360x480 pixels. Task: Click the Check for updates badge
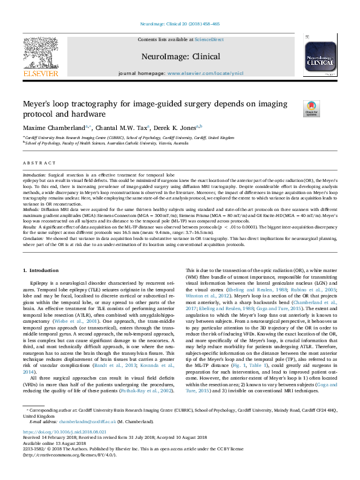[x=312, y=108]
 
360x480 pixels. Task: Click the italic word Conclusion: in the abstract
[x=34, y=239]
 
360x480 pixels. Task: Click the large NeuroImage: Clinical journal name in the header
[x=180, y=56]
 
